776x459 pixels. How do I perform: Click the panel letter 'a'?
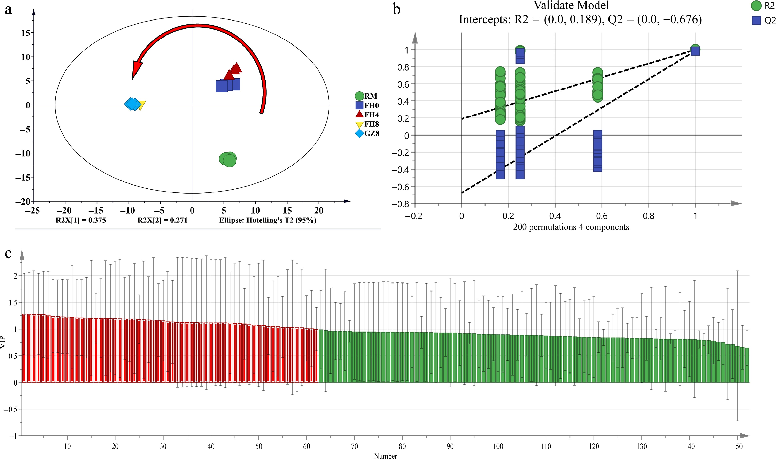pyautogui.click(x=8, y=10)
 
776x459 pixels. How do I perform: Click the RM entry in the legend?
pyautogui.click(x=366, y=96)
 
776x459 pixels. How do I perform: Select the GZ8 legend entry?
pyautogui.click(x=367, y=134)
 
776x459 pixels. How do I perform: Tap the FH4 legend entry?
pyautogui.click(x=367, y=115)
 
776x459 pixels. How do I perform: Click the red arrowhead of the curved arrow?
pyautogui.click(x=136, y=69)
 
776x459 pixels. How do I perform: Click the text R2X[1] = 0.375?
pyautogui.click(x=81, y=220)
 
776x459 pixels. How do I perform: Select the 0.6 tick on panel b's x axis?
pyautogui.click(x=602, y=216)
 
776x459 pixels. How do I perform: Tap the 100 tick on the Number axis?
pyautogui.click(x=498, y=446)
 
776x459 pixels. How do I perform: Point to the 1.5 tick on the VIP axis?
pyautogui.click(x=13, y=303)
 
